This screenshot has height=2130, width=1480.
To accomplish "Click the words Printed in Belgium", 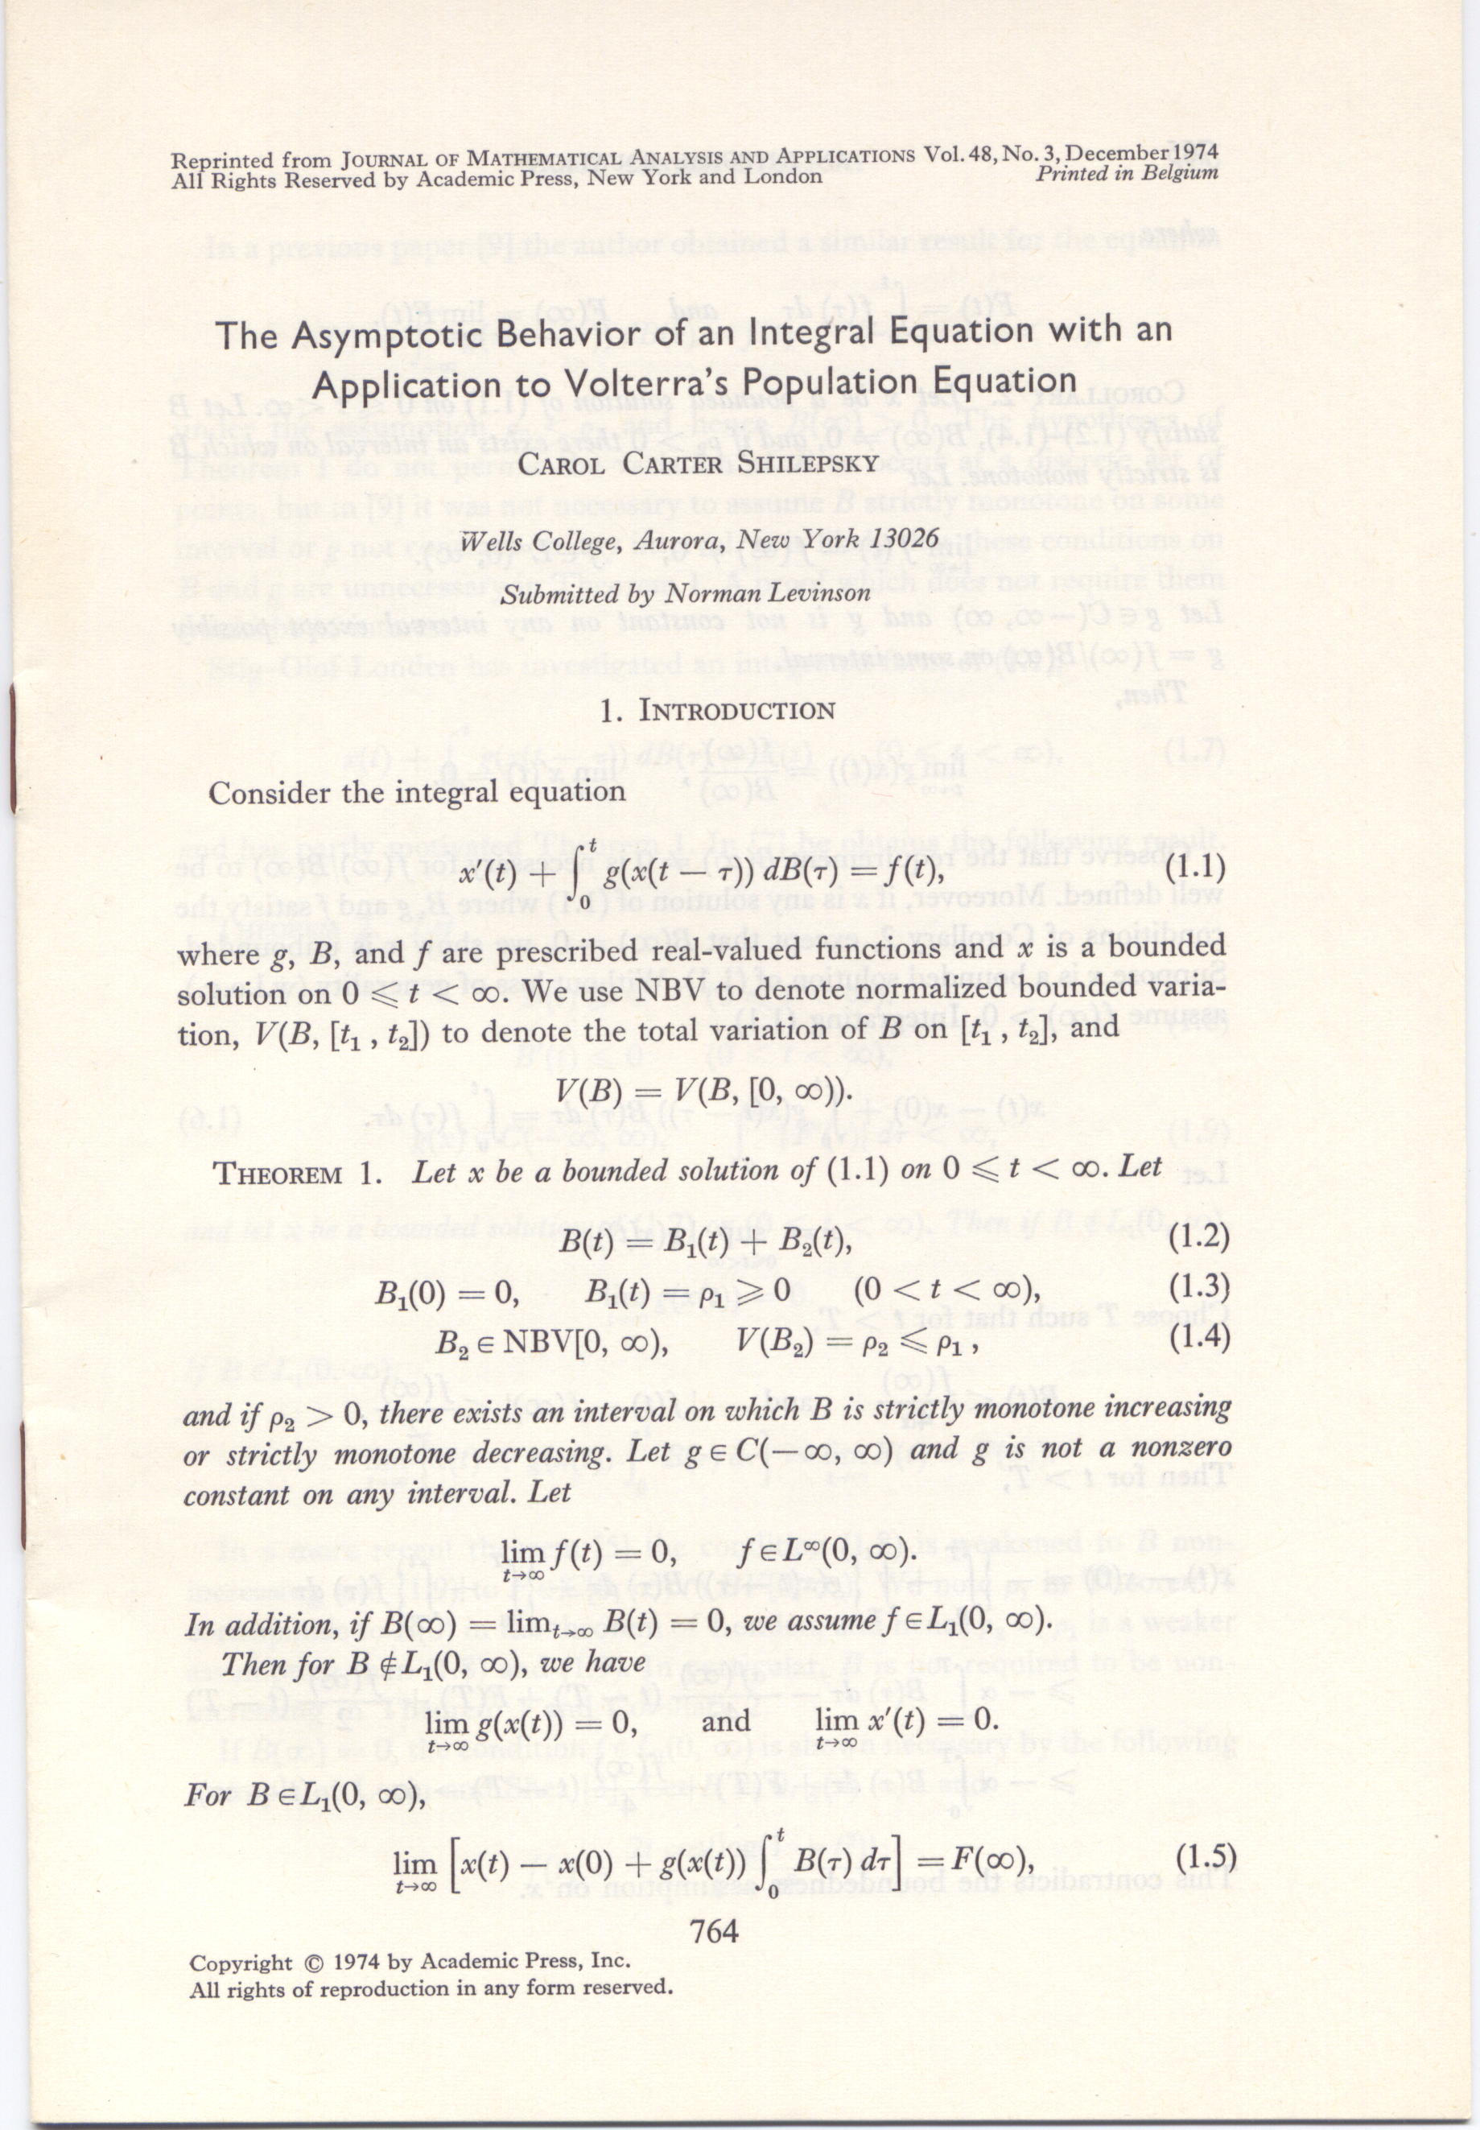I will point(1126,173).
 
